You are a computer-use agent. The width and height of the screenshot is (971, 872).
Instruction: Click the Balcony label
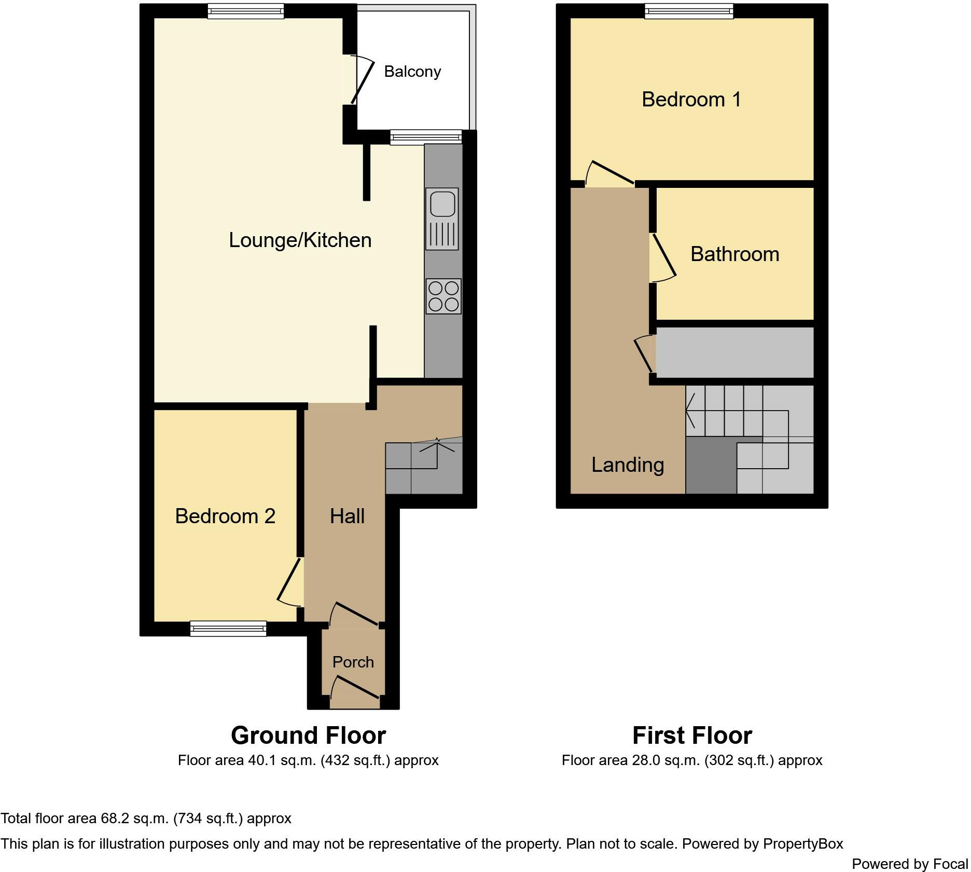(412, 72)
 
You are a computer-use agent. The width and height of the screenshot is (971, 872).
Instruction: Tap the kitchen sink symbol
(442, 218)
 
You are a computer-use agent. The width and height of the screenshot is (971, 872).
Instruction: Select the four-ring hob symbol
(443, 296)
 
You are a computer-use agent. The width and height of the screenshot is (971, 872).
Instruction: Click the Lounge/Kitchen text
(300, 240)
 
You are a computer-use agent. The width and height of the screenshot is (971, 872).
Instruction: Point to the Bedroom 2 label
(225, 516)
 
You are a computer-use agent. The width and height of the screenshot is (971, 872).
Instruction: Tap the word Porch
(353, 662)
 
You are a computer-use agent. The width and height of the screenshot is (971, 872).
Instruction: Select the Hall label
(347, 516)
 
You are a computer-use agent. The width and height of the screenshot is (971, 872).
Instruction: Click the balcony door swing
(362, 81)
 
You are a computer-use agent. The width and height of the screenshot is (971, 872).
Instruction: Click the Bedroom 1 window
(689, 11)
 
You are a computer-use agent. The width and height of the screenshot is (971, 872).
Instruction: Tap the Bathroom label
(734, 254)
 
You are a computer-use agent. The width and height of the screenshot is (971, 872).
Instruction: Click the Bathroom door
(664, 256)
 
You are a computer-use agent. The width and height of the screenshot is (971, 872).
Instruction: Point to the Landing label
(628, 465)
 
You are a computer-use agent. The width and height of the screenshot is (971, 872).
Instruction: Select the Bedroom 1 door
(612, 173)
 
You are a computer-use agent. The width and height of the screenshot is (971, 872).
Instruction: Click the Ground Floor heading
(308, 735)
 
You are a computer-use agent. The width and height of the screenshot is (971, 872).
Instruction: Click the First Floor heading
(692, 735)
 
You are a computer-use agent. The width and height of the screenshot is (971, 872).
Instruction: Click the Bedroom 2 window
(228, 629)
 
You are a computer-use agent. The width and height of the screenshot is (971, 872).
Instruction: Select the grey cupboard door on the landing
(643, 354)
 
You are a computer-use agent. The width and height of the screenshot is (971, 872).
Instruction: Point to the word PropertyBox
(802, 844)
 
